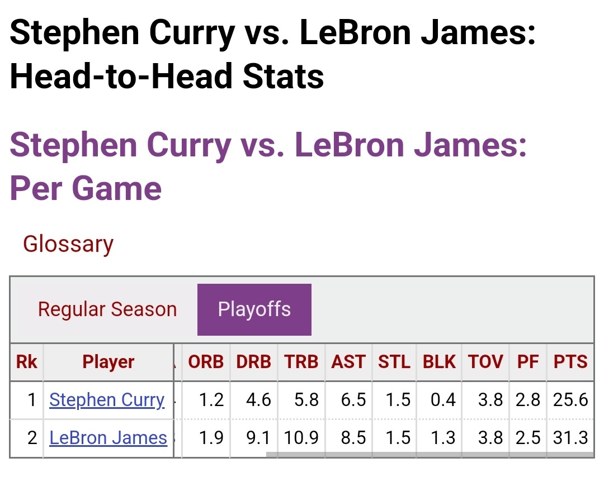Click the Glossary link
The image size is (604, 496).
(x=68, y=244)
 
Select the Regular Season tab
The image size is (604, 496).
(x=107, y=309)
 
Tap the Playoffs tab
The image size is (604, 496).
(x=254, y=309)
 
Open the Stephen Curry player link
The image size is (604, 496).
(x=107, y=400)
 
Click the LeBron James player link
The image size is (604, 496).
(x=108, y=438)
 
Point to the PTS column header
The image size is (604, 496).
(x=570, y=362)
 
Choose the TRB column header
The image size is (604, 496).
(x=301, y=362)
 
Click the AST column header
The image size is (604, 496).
(x=348, y=362)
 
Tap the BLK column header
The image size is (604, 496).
(x=439, y=362)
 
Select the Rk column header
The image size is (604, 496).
(x=27, y=362)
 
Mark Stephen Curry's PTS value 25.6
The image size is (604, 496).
(x=570, y=400)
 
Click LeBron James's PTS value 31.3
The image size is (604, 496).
(x=570, y=438)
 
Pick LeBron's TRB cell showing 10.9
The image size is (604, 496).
(x=301, y=438)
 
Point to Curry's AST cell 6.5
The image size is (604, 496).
(x=353, y=400)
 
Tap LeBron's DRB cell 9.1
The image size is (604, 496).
(x=258, y=438)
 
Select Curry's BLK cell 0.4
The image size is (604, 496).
(x=443, y=400)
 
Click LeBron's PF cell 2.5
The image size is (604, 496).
(x=528, y=438)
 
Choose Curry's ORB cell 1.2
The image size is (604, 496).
(x=211, y=400)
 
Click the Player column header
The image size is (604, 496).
(x=108, y=362)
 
